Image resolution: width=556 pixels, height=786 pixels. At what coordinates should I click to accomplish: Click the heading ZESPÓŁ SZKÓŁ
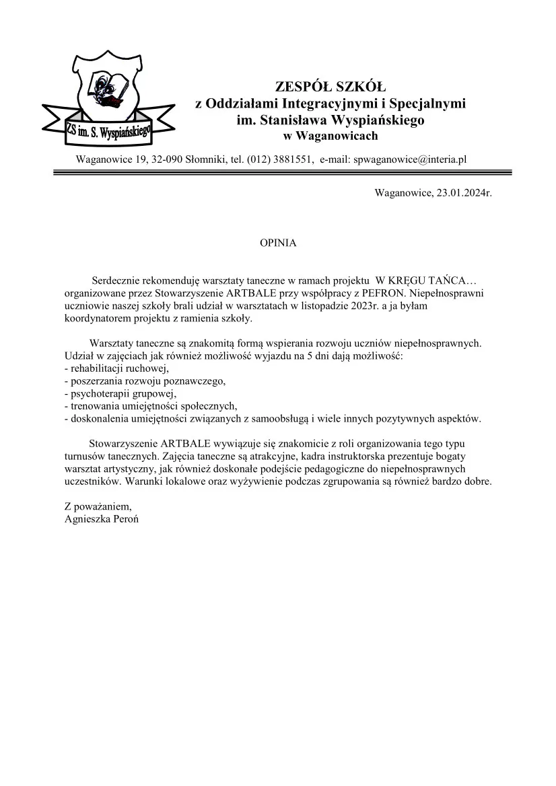click(331, 87)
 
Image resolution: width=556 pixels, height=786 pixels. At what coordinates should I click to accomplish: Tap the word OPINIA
click(278, 243)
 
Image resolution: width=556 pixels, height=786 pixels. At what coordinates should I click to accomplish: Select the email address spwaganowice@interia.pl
click(410, 160)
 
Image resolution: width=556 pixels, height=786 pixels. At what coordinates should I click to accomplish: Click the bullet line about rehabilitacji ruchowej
click(115, 368)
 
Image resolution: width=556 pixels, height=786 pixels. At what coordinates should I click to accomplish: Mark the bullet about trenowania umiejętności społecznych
click(151, 406)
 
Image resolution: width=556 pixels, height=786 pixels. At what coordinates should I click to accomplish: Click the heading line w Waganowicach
click(331, 136)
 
